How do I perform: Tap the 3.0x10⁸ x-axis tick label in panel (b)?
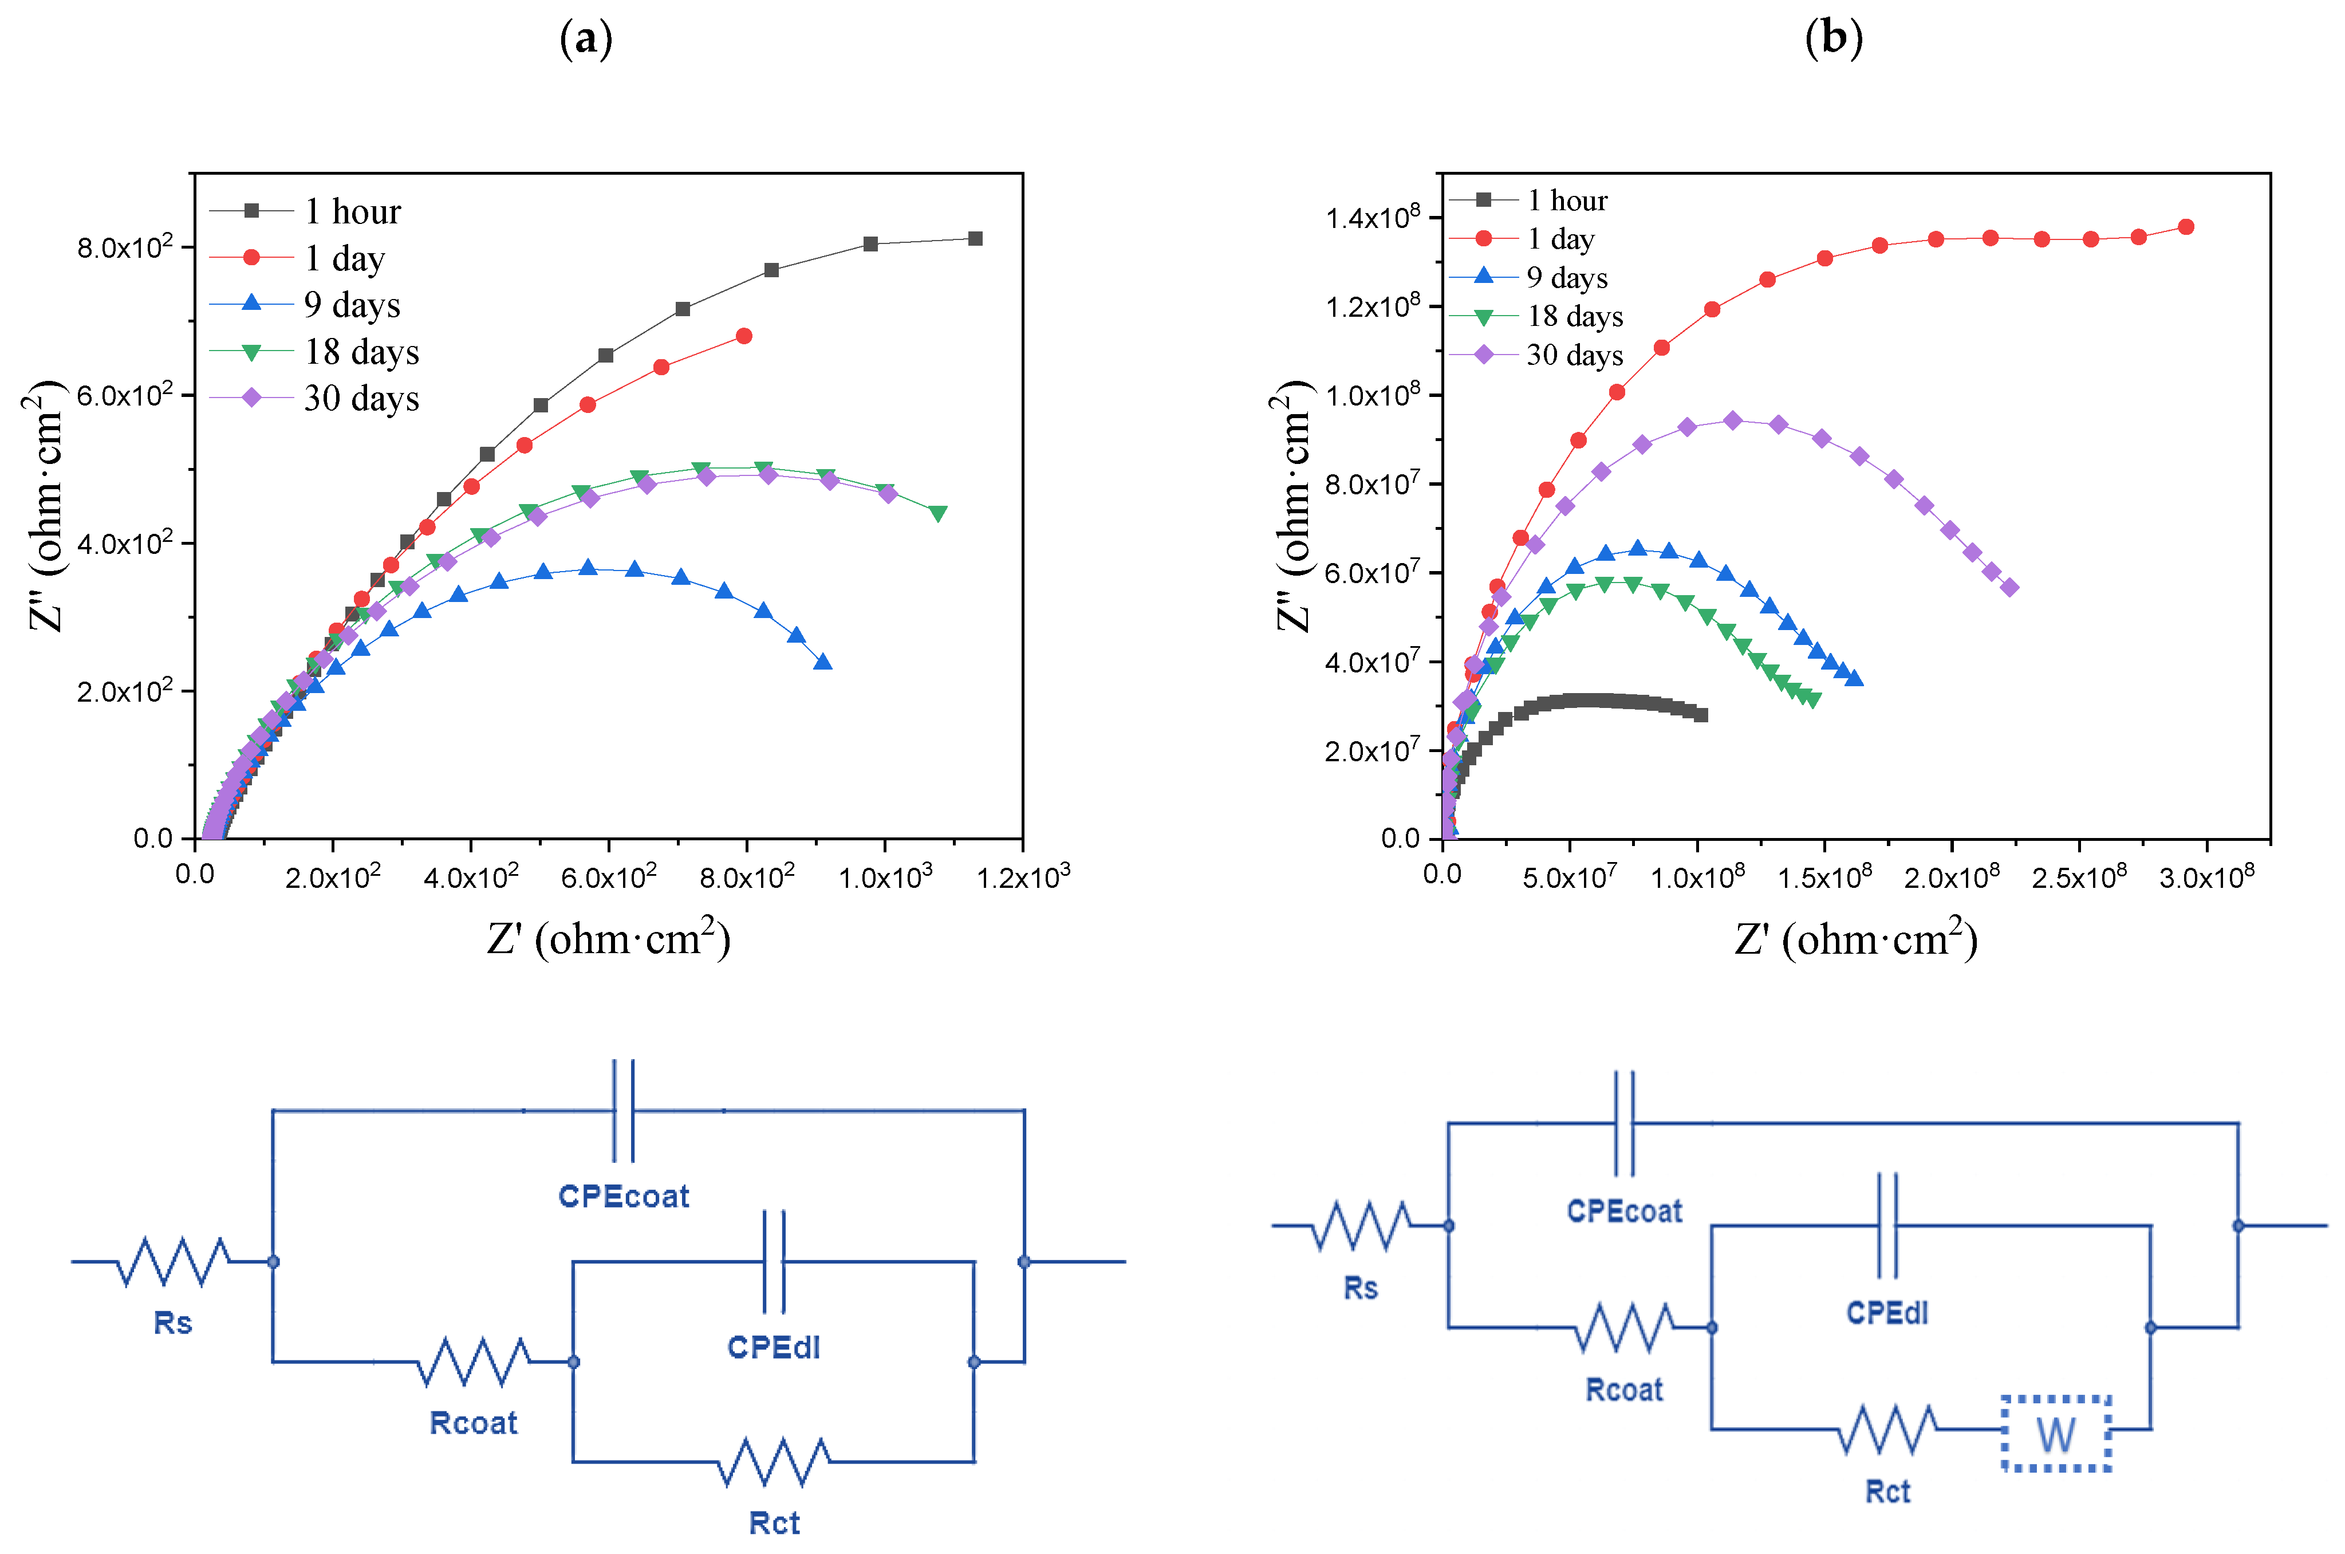pos(2206,877)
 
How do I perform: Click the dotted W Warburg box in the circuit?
pos(2056,1433)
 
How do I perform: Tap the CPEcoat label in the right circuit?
pos(1624,1211)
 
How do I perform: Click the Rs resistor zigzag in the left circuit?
pos(174,1262)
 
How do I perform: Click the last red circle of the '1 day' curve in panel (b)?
pos(2185,227)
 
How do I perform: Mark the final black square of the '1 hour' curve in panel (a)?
pos(975,239)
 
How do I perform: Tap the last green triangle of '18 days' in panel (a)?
pos(937,513)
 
